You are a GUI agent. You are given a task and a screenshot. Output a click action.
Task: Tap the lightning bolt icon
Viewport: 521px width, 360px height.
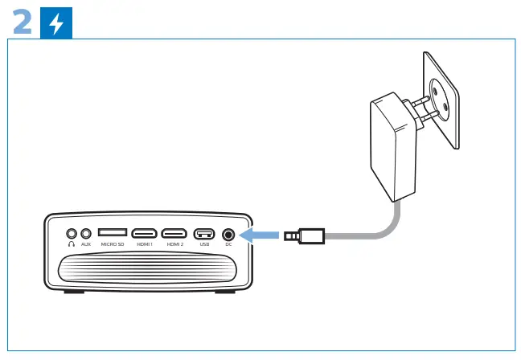point(55,25)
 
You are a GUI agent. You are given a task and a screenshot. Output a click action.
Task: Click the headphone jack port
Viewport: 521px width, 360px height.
point(72,233)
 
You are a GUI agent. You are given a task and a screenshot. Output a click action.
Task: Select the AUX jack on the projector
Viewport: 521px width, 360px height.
point(86,233)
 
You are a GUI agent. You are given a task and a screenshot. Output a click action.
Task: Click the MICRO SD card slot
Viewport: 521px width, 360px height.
point(113,232)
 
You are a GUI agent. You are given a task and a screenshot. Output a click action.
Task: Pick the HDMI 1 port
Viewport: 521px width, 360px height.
point(145,233)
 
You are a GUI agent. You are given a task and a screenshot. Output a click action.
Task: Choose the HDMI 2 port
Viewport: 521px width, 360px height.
point(174,233)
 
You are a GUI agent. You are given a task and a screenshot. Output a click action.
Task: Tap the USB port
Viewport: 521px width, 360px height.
point(203,233)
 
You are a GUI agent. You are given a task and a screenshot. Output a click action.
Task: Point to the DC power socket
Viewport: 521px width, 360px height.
point(228,233)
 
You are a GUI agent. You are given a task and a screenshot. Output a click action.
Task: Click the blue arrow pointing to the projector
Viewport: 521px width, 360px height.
point(259,235)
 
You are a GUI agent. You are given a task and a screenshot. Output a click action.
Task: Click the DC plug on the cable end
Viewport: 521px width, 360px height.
point(303,235)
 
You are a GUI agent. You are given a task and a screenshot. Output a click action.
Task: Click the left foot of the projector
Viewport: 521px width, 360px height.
point(72,290)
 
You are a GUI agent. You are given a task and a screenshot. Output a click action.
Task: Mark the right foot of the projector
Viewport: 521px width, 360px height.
point(226,290)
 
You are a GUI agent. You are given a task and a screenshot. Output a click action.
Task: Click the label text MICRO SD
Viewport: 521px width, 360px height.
point(113,243)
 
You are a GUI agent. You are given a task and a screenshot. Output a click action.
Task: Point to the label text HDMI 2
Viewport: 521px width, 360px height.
point(174,243)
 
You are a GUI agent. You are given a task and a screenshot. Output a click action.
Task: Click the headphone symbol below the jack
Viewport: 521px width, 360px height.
point(72,243)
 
